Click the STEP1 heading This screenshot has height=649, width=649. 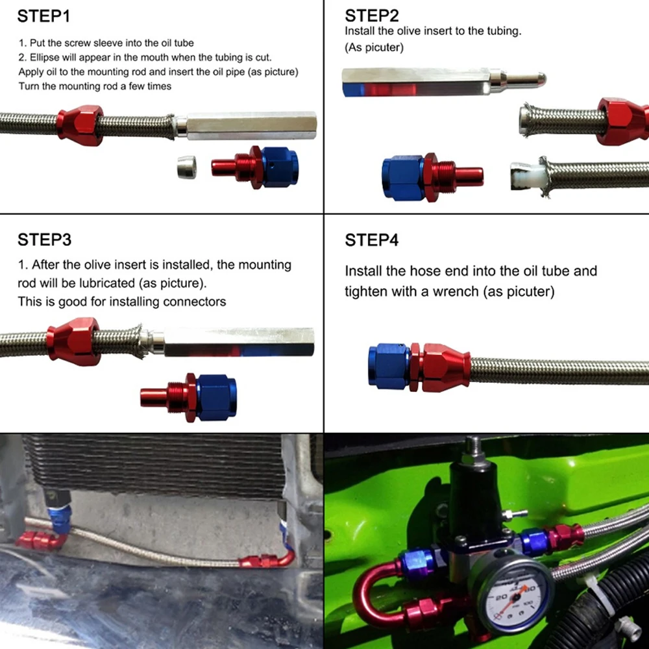(x=43, y=16)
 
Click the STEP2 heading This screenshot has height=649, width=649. (x=371, y=16)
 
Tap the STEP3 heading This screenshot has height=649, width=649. (x=44, y=239)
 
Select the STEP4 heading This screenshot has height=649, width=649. (x=371, y=240)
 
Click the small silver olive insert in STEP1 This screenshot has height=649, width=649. (x=187, y=167)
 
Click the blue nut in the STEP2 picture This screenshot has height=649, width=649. (x=402, y=178)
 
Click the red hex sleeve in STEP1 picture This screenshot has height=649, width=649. (x=80, y=125)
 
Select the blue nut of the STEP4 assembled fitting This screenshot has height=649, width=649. (x=389, y=367)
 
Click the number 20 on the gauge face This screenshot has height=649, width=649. (x=502, y=597)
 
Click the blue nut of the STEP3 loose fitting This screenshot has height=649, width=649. (x=216, y=397)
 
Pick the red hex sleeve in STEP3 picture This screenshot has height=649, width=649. (x=74, y=341)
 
